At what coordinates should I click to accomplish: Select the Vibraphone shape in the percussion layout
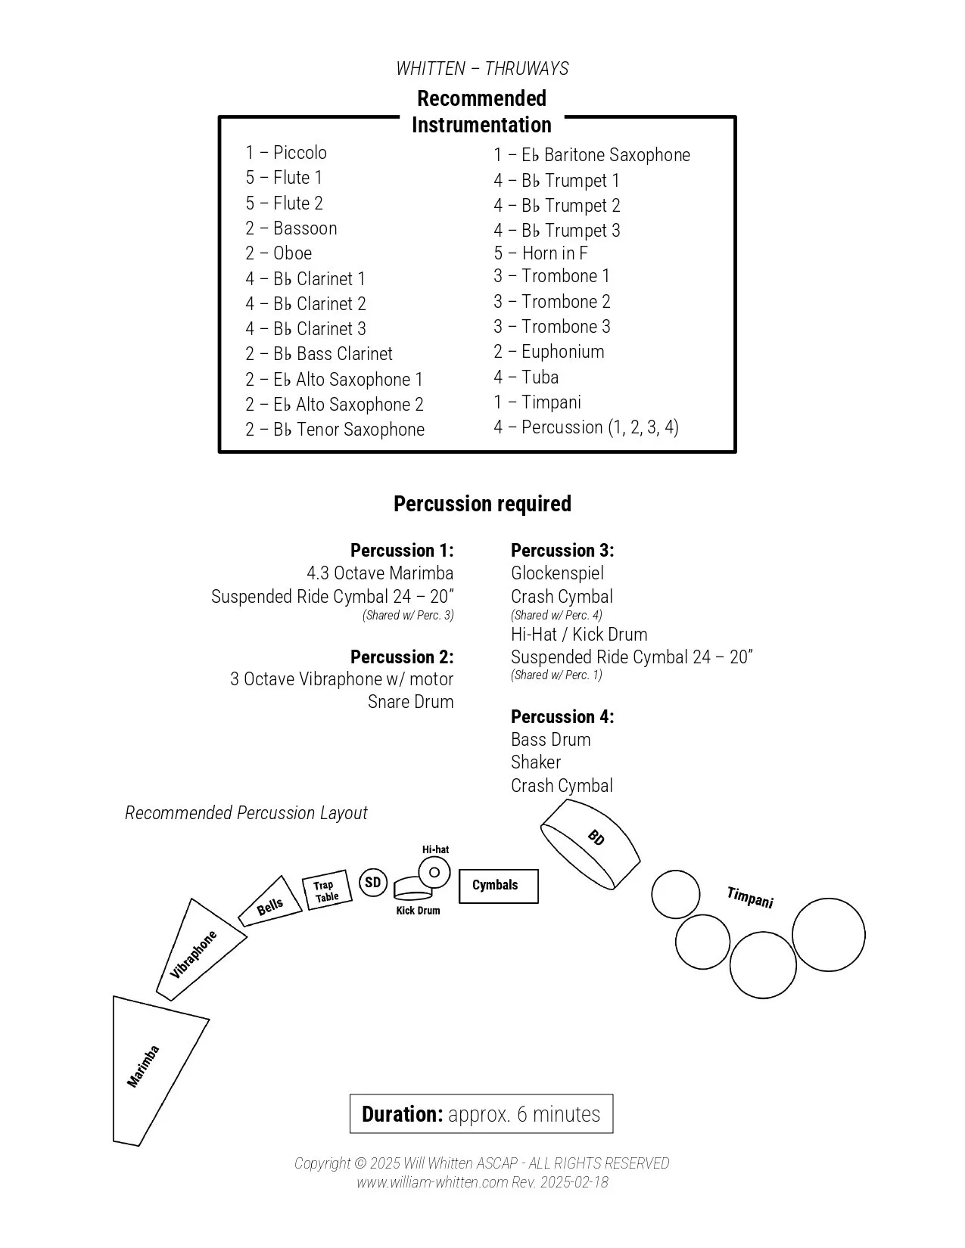198,951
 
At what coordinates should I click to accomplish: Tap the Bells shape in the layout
270,903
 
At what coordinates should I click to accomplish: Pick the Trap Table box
326,891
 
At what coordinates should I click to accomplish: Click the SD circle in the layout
372,883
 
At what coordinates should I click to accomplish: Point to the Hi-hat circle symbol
434,872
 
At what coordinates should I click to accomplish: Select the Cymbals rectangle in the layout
498,886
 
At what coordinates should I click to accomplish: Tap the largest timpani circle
828,934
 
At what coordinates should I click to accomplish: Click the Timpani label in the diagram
749,897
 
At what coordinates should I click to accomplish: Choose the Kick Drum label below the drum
418,911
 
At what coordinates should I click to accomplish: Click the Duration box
481,1113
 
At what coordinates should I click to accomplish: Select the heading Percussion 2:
402,657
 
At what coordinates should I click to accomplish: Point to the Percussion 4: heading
562,716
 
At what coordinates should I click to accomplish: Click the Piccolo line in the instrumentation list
286,153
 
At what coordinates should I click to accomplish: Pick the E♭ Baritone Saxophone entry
592,155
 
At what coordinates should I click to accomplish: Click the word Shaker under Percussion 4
536,762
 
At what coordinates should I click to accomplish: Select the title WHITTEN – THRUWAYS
482,69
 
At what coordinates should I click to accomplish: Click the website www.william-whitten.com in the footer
432,1182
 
